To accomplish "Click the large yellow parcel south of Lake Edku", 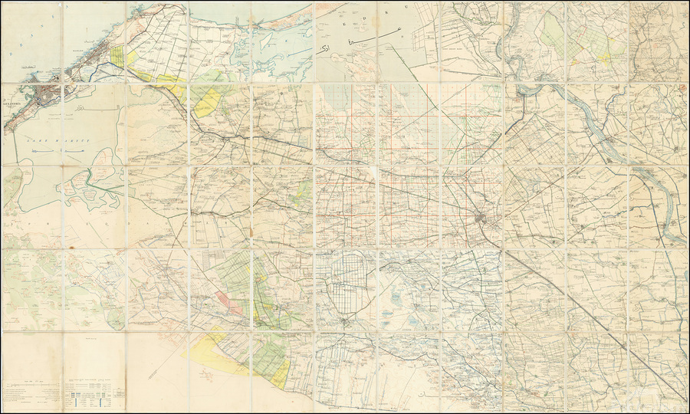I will tap(205, 102).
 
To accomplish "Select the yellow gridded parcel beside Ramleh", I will tap(117, 56).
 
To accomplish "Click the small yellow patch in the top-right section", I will tap(605, 56).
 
